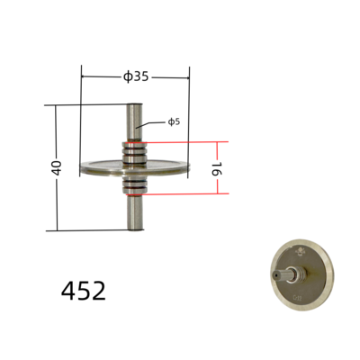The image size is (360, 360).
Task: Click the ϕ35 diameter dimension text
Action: [135, 76]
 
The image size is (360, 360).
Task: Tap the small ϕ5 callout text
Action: [173, 121]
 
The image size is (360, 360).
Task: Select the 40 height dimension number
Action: [57, 167]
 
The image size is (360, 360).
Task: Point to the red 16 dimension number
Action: [216, 167]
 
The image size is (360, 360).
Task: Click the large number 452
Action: [84, 291]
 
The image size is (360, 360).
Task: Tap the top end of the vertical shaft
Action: [135, 107]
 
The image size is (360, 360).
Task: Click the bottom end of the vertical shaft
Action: [135, 228]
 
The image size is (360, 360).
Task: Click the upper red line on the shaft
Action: [135, 141]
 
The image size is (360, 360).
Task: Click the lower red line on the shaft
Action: [135, 193]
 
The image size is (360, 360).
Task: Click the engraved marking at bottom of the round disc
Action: [298, 293]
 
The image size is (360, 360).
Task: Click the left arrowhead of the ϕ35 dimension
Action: [84, 76]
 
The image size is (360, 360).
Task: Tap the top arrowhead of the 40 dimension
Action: [57, 107]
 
